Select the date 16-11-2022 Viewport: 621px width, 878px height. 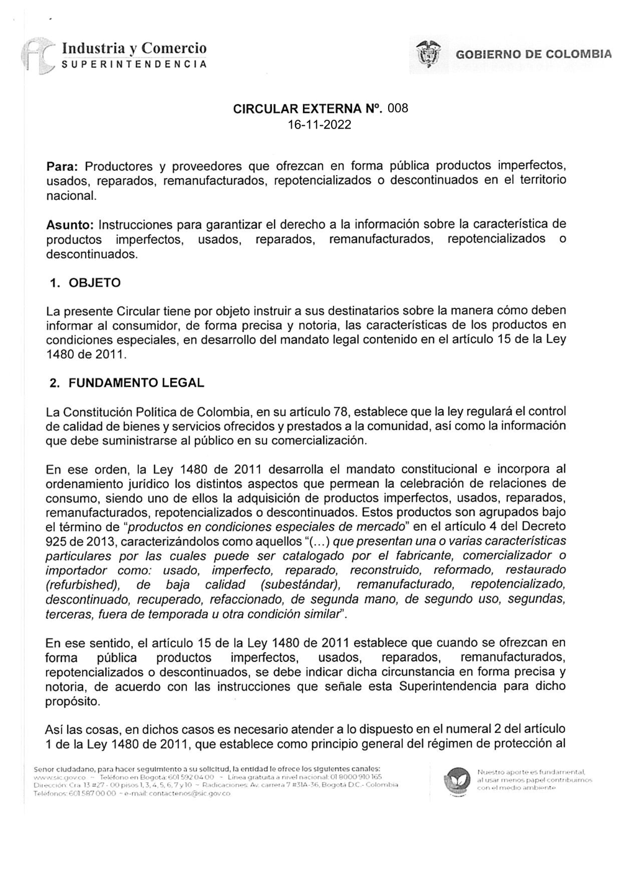pyautogui.click(x=320, y=125)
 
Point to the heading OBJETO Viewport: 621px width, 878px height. pyautogui.click(x=94, y=283)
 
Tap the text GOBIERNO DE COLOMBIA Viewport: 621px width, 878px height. pyautogui.click(x=533, y=55)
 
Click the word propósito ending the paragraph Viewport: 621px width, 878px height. pyautogui.click(x=72, y=701)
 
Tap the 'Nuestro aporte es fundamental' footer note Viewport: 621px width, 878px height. pyautogui.click(x=534, y=771)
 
